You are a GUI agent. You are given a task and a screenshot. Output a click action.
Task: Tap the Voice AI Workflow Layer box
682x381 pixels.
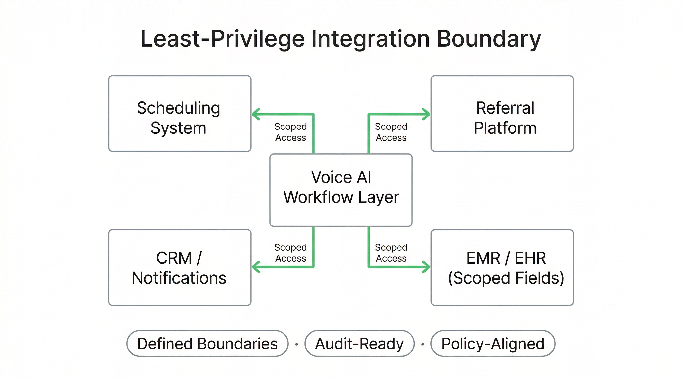click(341, 190)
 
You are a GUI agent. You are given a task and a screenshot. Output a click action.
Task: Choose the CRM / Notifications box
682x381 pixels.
click(179, 267)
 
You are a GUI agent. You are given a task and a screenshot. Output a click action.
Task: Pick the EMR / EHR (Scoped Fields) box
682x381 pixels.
click(502, 267)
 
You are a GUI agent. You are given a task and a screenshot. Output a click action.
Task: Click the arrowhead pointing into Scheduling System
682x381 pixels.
click(256, 114)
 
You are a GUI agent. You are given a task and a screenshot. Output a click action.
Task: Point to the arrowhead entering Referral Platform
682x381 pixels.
click(426, 114)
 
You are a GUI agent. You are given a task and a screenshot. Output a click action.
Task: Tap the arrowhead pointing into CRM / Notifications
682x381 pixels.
click(256, 267)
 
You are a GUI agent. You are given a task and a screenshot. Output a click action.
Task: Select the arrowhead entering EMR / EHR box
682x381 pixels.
click(426, 267)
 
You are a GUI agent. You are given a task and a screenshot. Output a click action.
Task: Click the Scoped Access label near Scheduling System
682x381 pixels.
click(290, 132)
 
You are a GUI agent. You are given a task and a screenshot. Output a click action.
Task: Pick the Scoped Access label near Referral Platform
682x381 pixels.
click(391, 132)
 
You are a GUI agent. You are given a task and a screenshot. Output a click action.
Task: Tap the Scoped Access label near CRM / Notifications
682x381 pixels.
click(290, 253)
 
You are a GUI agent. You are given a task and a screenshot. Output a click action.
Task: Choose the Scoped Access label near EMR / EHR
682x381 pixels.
click(391, 253)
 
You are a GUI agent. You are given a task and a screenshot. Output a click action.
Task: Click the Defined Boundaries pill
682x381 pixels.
click(207, 343)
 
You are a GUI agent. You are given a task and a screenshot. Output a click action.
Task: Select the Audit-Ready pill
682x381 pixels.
click(359, 343)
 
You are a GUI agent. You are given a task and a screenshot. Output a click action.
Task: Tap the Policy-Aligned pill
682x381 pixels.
click(493, 343)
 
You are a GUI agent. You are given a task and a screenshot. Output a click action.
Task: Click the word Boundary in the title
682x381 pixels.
click(488, 39)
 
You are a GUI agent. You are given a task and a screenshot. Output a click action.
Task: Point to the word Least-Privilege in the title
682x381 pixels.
click(222, 39)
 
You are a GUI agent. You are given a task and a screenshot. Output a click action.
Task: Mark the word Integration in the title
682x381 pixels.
click(370, 39)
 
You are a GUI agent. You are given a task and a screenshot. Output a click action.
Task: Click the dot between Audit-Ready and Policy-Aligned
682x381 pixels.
click(423, 344)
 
